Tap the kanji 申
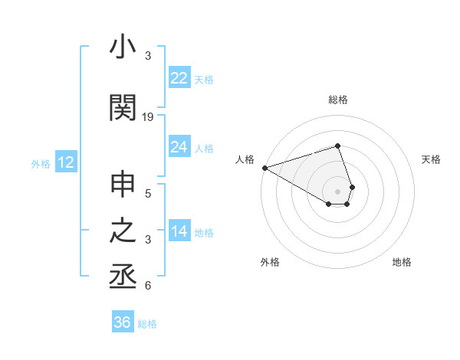(123, 187)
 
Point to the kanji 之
(123, 232)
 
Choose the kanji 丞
(123, 277)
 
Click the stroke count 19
(148, 117)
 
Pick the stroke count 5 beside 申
(148, 195)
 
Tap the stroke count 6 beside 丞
(148, 286)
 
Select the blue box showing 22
(179, 78)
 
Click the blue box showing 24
(179, 147)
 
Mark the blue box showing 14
(179, 232)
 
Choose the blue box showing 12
(65, 162)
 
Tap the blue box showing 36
(122, 322)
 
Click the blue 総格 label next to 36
(147, 324)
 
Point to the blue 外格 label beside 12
(40, 163)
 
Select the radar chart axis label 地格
(402, 262)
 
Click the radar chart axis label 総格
(338, 100)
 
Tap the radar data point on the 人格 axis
(264, 168)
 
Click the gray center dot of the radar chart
(338, 191)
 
